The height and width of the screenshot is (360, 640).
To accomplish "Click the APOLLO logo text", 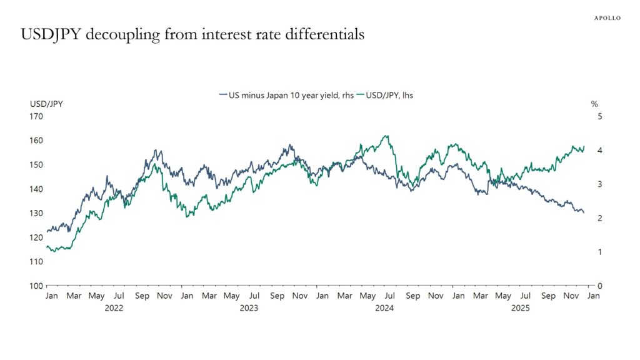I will pos(607,18).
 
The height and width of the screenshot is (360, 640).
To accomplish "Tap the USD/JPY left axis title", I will pos(46,104).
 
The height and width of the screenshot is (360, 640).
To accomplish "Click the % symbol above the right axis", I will pos(594,104).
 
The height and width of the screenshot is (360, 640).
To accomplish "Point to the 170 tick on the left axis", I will pos(36,116).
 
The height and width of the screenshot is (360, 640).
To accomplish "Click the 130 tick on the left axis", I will pos(36,213).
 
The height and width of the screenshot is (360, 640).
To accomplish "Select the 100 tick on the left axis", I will pos(36,286).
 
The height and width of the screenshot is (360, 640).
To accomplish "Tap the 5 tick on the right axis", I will pos(600,116).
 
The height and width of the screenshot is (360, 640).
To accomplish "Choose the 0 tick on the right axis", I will pos(600,286).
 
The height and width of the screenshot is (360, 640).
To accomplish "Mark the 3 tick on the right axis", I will pos(600,184).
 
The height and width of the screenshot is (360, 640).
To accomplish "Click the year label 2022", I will pos(114,308).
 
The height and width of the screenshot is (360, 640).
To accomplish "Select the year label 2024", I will pos(384,308).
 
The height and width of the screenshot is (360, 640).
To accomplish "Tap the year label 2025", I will pos(519,308).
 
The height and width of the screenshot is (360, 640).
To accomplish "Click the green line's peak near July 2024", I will pos(386,136).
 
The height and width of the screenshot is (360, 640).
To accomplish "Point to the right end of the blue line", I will pos(584,212).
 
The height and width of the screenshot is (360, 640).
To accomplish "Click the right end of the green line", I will pos(584,147).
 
